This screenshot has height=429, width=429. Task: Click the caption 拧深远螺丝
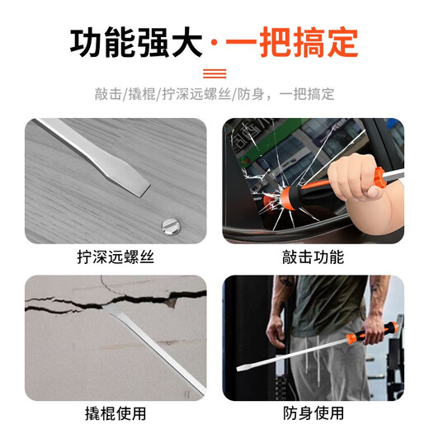[x=115, y=257]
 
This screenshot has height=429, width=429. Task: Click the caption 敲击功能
[x=313, y=257]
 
